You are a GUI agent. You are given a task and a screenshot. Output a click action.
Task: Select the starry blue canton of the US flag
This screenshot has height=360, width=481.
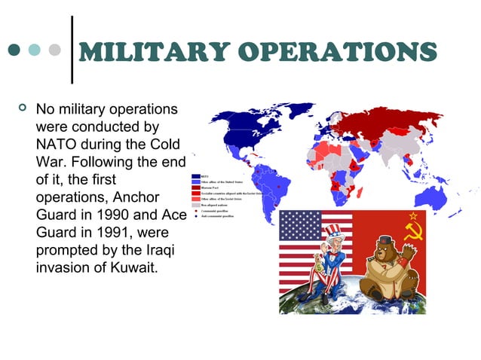pos(300,224)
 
